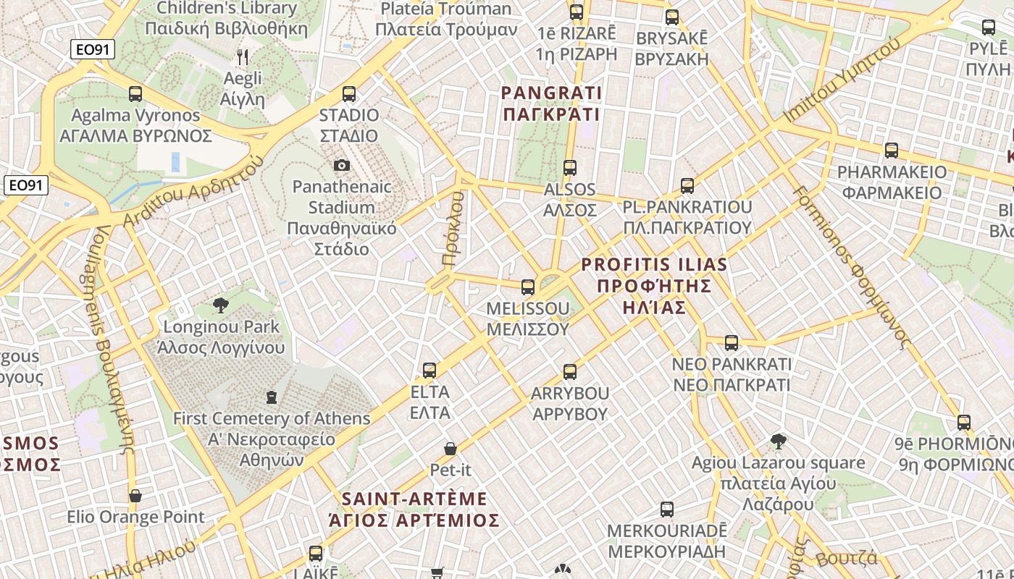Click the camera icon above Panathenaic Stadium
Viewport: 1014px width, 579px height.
[342, 166]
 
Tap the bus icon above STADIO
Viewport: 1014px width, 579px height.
[349, 93]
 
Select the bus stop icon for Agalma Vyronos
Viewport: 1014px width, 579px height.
[135, 93]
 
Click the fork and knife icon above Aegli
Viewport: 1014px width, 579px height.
[243, 56]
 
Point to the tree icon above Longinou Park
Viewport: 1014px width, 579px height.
[221, 305]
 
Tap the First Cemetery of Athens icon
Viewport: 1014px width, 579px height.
[272, 397]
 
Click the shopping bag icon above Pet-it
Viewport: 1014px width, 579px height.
[451, 449]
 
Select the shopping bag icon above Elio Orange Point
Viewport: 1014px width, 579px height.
[135, 496]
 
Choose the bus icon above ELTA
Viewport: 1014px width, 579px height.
[430, 371]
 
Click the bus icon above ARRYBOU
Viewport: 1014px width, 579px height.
[570, 372]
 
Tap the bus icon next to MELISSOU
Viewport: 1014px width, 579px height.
[528, 287]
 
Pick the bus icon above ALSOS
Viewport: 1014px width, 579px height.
[570, 168]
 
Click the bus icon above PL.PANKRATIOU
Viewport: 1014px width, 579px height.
[687, 186]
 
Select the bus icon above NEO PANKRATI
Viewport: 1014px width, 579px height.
[732, 342]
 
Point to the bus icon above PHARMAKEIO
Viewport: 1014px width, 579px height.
[892, 151]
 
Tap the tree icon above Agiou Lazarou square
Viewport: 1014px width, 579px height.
[779, 441]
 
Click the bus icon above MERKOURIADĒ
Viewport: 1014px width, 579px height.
[667, 510]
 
